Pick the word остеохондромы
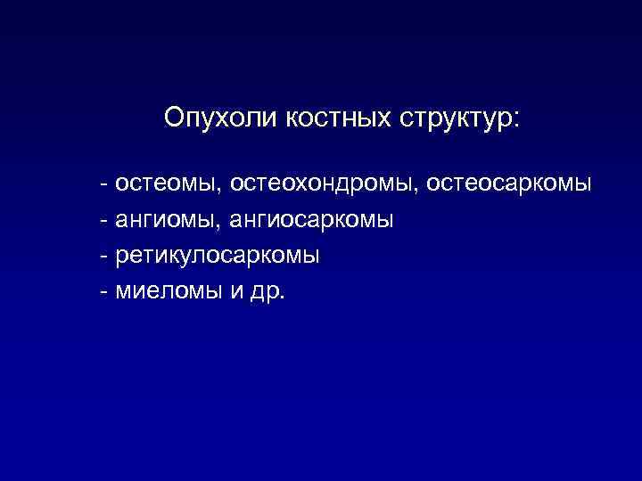coord(324,183)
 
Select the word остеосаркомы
coord(508,183)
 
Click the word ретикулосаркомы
coord(218,256)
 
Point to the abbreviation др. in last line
coord(264,292)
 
